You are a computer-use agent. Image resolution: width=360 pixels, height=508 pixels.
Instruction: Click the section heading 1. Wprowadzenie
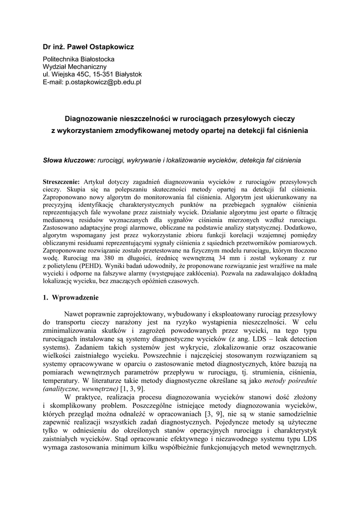71,298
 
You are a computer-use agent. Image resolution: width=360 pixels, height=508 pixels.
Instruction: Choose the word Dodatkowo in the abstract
296,227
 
